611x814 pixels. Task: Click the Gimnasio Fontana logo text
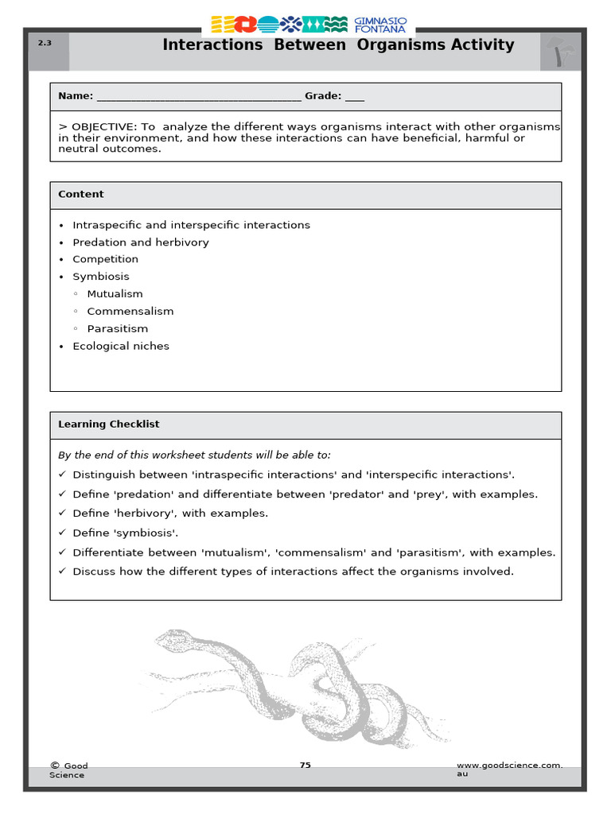coord(379,24)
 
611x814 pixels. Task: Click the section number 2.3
coord(45,43)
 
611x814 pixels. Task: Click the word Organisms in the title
coord(402,45)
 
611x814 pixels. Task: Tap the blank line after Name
coord(198,97)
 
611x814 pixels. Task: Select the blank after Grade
coord(355,97)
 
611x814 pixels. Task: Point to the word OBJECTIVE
coord(103,127)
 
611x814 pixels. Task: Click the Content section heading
coord(81,194)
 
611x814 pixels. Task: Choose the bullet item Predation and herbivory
coord(141,242)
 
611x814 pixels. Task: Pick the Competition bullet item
coord(105,259)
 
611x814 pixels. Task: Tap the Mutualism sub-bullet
coord(115,294)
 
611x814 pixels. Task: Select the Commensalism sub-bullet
coord(130,312)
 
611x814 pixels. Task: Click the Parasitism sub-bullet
coord(117,329)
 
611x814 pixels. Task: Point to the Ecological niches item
coord(121,347)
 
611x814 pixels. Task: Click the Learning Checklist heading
coord(108,424)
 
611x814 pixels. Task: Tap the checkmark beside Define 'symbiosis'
coord(62,533)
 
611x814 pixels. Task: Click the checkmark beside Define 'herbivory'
coord(62,514)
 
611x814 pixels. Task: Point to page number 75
coord(305,766)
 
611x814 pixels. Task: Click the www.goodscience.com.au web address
coord(509,769)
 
